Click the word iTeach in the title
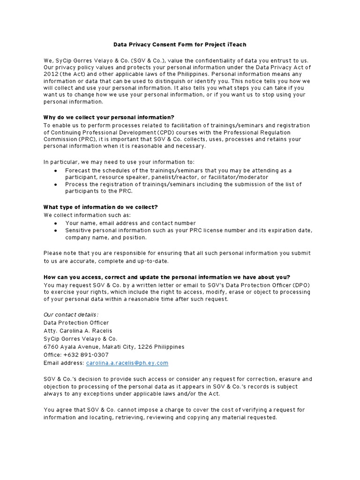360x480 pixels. [235, 45]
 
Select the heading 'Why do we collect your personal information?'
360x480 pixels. [109, 117]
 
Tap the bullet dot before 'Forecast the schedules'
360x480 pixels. [56, 171]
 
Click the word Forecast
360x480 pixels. [78, 171]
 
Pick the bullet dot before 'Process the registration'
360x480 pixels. [56, 185]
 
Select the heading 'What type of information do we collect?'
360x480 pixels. [100, 207]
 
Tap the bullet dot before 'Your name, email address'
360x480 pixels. [56, 224]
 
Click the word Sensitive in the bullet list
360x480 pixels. [79, 231]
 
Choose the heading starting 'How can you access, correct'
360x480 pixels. [166, 277]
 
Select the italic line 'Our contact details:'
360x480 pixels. [71, 315]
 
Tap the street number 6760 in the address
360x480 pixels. [51, 347]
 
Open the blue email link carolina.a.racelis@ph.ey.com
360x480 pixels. [127, 363]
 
